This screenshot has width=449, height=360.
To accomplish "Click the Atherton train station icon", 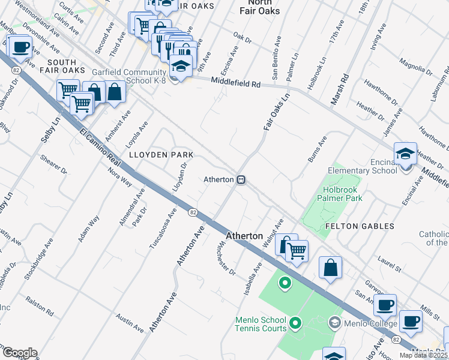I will [241, 179].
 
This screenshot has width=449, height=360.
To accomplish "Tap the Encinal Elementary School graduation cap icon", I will [405, 155].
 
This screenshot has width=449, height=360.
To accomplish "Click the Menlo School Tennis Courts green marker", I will [294, 324].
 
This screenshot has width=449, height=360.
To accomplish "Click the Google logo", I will [20, 353].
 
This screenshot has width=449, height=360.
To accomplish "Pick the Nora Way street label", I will [119, 175].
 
